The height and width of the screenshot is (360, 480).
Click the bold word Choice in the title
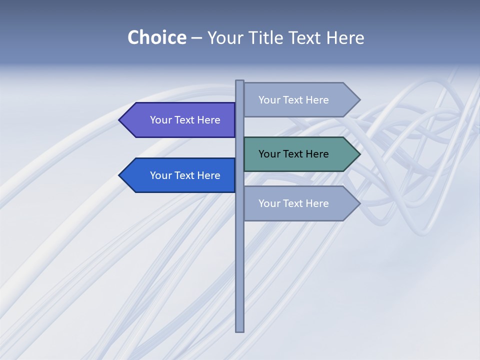click(156, 37)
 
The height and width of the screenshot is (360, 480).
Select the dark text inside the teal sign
click(293, 154)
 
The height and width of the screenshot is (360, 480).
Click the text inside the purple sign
click(185, 120)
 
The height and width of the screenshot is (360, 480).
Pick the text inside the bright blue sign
click(185, 175)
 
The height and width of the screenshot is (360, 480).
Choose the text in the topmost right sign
click(293, 100)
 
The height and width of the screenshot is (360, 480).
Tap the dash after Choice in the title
click(196, 38)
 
